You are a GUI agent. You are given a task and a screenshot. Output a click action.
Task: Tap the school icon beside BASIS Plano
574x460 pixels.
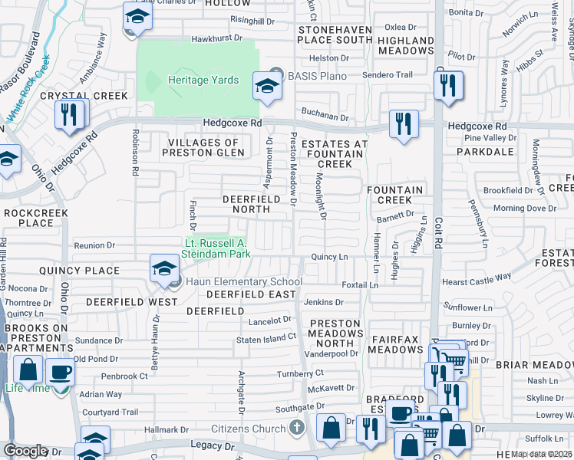267,87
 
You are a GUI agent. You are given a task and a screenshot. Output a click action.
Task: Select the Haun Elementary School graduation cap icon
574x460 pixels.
164,269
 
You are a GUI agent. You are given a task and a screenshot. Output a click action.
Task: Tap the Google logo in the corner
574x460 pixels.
25,451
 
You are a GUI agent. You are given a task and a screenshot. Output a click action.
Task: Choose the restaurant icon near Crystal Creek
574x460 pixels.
71,114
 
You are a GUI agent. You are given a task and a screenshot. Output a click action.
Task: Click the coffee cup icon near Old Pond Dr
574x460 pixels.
61,372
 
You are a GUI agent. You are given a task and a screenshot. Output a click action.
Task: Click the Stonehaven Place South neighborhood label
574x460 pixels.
334,34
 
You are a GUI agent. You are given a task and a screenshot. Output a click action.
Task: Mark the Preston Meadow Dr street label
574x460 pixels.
293,169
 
